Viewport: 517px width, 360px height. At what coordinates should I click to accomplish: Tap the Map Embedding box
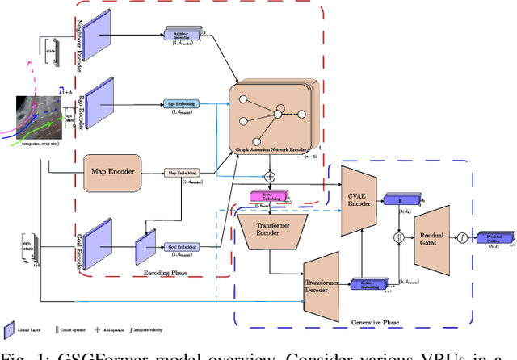[181, 171]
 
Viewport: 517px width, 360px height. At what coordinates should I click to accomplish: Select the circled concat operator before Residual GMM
[397, 238]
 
